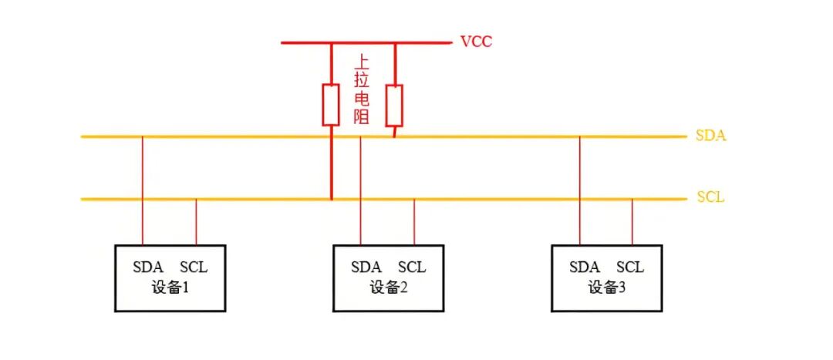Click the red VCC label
[x=476, y=42]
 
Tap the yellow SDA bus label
[x=711, y=136]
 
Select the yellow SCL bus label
[x=710, y=198]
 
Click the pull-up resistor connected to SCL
[x=331, y=105]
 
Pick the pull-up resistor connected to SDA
[x=394, y=105]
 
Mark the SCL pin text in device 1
[x=194, y=267]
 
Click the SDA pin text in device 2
[x=366, y=267]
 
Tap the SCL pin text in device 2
[x=412, y=267]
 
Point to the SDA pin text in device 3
[x=585, y=267]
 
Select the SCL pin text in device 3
[x=631, y=267]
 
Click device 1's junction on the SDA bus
[x=143, y=136]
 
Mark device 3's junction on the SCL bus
[x=632, y=199]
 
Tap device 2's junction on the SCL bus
[x=414, y=199]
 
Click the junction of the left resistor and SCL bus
[x=332, y=199]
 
